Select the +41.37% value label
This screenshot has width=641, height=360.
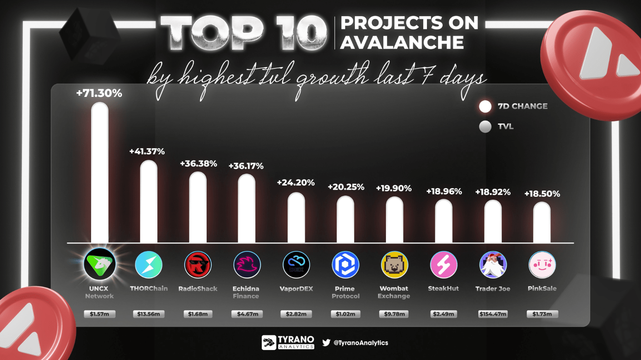(x=147, y=152)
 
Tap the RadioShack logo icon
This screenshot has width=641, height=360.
(x=198, y=265)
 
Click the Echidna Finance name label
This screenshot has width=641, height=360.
(x=246, y=292)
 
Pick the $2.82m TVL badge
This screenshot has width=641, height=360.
(x=296, y=314)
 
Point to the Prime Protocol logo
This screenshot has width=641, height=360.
(x=345, y=265)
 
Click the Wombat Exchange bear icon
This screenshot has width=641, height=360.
(x=394, y=265)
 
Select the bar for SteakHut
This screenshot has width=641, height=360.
(x=443, y=222)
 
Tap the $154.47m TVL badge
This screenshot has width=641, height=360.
(x=493, y=314)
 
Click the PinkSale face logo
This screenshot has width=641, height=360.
(x=542, y=265)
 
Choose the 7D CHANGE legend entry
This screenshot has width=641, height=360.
(x=513, y=106)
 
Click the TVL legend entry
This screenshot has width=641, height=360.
(x=496, y=126)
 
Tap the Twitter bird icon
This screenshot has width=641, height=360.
(x=326, y=343)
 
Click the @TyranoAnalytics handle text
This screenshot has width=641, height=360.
(x=361, y=343)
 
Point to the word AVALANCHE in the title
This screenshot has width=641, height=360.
(x=402, y=43)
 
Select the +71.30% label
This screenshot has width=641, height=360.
(x=99, y=93)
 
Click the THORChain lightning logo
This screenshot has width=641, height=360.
(x=149, y=265)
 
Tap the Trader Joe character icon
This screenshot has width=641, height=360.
(x=493, y=265)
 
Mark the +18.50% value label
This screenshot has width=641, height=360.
(x=542, y=194)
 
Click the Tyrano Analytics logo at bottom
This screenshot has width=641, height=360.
(x=288, y=343)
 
